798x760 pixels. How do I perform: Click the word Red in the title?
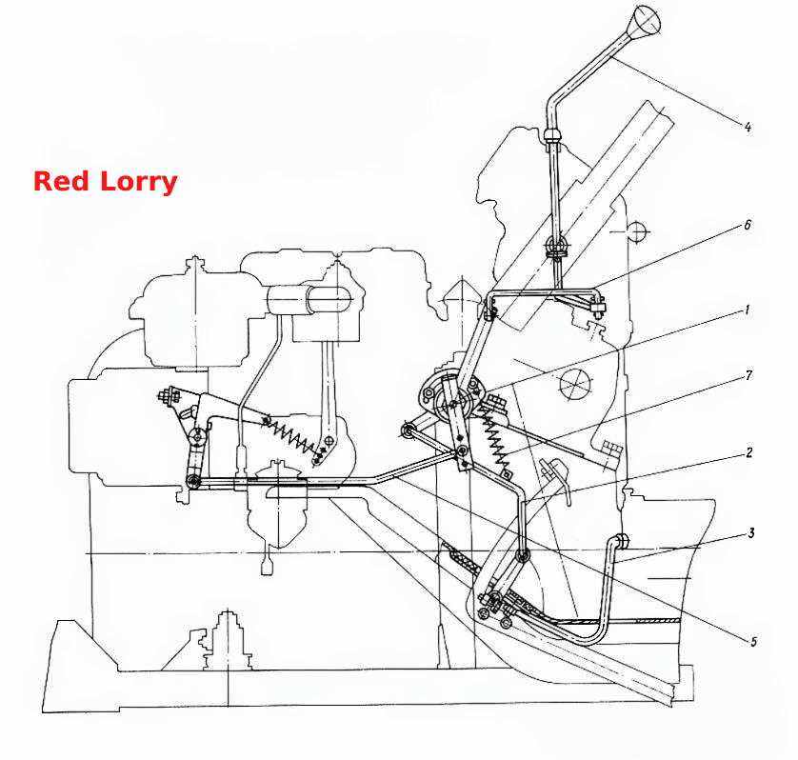[61, 181]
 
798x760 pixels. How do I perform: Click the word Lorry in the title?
[138, 182]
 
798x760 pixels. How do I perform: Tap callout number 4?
[748, 127]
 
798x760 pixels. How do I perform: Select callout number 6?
[748, 225]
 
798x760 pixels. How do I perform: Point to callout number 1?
[747, 310]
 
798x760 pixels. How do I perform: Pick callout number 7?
[748, 375]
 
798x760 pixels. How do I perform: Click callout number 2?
[748, 452]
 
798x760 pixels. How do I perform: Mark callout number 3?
[750, 533]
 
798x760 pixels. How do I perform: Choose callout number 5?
[754, 641]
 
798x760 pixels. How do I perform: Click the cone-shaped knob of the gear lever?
[644, 21]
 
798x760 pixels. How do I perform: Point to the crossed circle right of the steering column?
[637, 232]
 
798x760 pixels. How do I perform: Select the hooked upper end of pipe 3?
[620, 541]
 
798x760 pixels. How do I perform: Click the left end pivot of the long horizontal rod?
[193, 481]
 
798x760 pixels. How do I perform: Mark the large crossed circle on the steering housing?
[576, 384]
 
